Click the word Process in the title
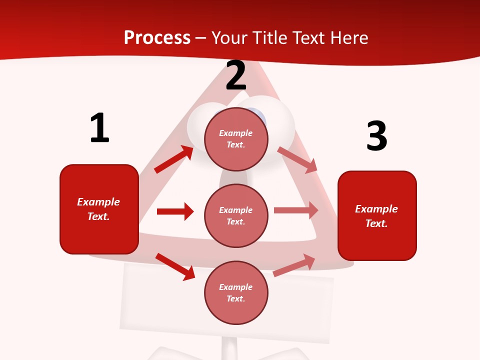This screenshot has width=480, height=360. (157, 37)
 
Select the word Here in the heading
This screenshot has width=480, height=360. (349, 37)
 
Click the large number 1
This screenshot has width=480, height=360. (99, 128)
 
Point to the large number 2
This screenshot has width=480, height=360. (236, 75)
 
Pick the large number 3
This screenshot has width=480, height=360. (376, 136)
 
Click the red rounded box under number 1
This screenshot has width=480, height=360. (99, 209)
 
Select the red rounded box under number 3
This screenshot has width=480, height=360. (377, 215)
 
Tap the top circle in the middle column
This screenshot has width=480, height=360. (236, 138)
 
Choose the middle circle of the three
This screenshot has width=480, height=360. (236, 215)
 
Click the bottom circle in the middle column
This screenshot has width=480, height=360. (236, 292)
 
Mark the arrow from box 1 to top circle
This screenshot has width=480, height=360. (173, 159)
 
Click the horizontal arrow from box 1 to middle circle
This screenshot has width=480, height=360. (175, 211)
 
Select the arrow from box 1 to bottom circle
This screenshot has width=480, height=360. (175, 266)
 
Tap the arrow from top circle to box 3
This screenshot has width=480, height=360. (297, 160)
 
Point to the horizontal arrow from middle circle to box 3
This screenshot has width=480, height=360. (296, 210)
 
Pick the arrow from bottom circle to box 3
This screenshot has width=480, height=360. (294, 265)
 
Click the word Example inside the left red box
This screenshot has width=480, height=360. (98, 202)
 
